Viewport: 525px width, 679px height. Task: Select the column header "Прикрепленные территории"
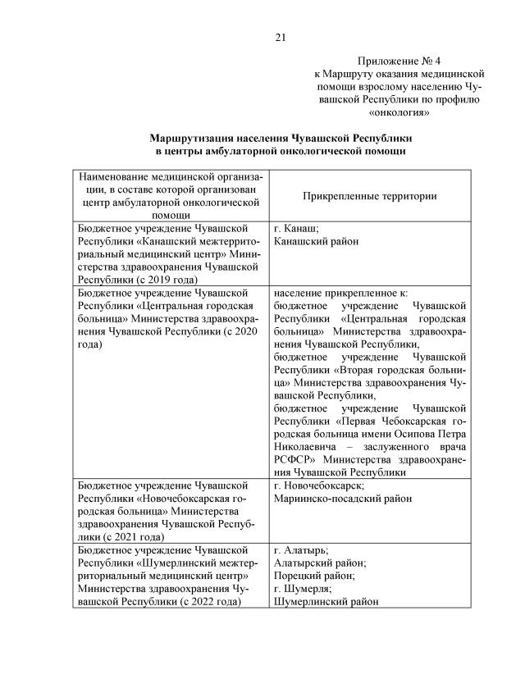click(369, 196)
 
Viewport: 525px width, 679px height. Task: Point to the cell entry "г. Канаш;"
click(297, 230)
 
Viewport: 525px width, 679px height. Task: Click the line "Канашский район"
click(316, 242)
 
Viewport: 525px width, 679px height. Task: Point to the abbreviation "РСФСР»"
click(294, 461)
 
